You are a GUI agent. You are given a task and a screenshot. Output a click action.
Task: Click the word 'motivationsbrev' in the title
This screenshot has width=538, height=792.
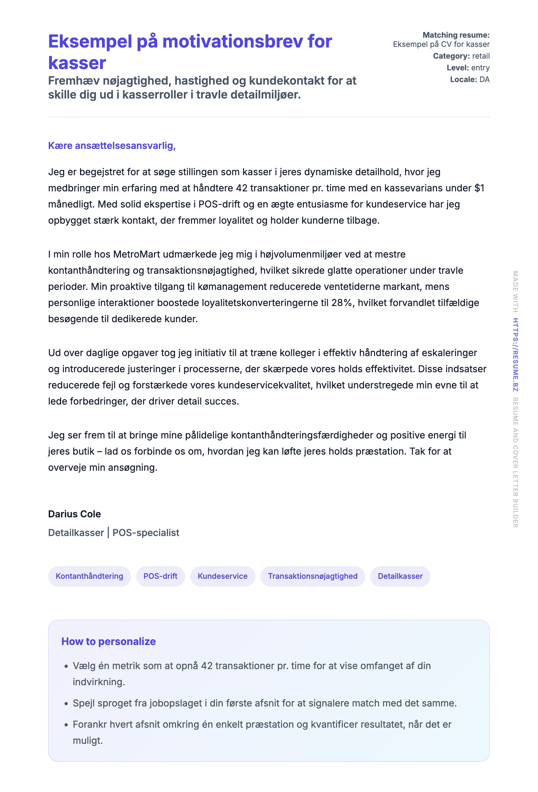[x=233, y=42]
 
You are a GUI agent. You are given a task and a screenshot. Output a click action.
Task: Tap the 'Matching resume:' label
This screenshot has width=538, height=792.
[x=456, y=35]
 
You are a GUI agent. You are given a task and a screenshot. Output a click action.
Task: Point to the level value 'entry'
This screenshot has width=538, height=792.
[x=480, y=68]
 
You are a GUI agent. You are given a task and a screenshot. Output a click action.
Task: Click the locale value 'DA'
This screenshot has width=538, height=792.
[x=484, y=80]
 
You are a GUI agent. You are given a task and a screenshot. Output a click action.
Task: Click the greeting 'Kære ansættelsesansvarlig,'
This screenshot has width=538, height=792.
[x=112, y=145]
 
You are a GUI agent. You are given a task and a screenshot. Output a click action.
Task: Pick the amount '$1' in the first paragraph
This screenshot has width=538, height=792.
[x=479, y=188]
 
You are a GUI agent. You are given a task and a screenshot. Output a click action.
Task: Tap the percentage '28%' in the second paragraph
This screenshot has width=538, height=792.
[x=341, y=303]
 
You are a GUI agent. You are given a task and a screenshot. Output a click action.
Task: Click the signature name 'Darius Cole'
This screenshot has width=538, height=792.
[x=74, y=514]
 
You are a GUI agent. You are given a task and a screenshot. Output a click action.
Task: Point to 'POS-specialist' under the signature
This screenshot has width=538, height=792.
[x=146, y=533]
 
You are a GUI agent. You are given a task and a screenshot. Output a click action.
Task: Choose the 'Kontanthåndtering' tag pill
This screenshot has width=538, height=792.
[x=89, y=576]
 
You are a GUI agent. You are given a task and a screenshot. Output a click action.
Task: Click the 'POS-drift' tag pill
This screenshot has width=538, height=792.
[x=160, y=576]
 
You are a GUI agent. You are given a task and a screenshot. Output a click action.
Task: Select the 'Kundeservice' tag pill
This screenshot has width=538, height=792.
[x=222, y=576]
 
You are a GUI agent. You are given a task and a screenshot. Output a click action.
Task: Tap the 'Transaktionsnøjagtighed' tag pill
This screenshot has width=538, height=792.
[x=313, y=576]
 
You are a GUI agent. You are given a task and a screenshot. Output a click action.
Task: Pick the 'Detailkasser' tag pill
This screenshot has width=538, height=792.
[x=400, y=576]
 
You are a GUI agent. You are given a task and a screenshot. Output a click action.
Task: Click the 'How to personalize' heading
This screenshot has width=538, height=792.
[x=108, y=642]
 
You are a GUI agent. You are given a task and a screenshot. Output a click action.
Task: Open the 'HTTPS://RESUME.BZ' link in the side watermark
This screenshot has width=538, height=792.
[x=516, y=355]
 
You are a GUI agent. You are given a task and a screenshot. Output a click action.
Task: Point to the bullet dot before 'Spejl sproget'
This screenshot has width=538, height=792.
[x=66, y=703]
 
